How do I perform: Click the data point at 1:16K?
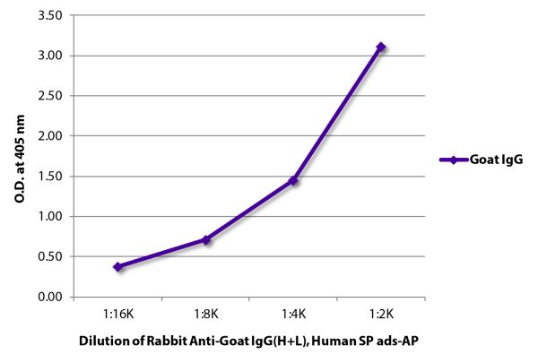(118, 267)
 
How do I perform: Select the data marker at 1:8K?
(206, 239)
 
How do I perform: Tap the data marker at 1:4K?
(293, 180)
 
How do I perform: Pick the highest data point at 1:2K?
(381, 47)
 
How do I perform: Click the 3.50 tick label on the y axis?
(51, 16)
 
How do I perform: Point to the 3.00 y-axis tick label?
(51, 56)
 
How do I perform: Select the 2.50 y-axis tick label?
(51, 96)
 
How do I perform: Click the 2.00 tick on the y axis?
(51, 136)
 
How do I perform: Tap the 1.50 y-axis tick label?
(51, 177)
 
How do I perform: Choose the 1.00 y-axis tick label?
(51, 216)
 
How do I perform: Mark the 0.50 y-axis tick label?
(51, 256)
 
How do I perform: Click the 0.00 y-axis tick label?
(51, 297)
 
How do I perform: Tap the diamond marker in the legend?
(453, 160)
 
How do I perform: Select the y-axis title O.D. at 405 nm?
(20, 156)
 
